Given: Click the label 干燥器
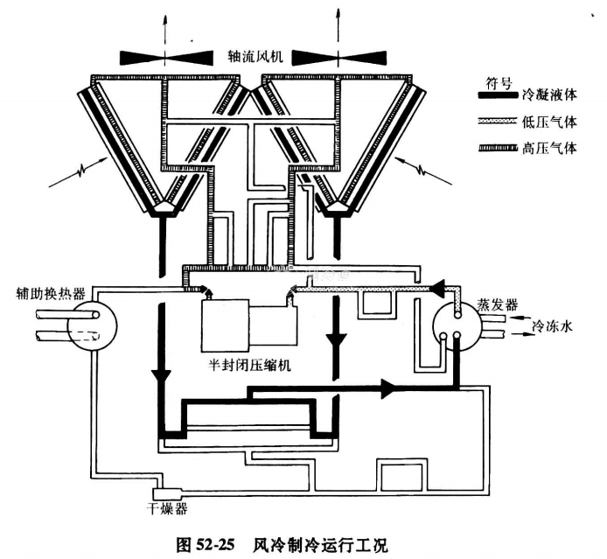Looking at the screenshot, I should [166, 507].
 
